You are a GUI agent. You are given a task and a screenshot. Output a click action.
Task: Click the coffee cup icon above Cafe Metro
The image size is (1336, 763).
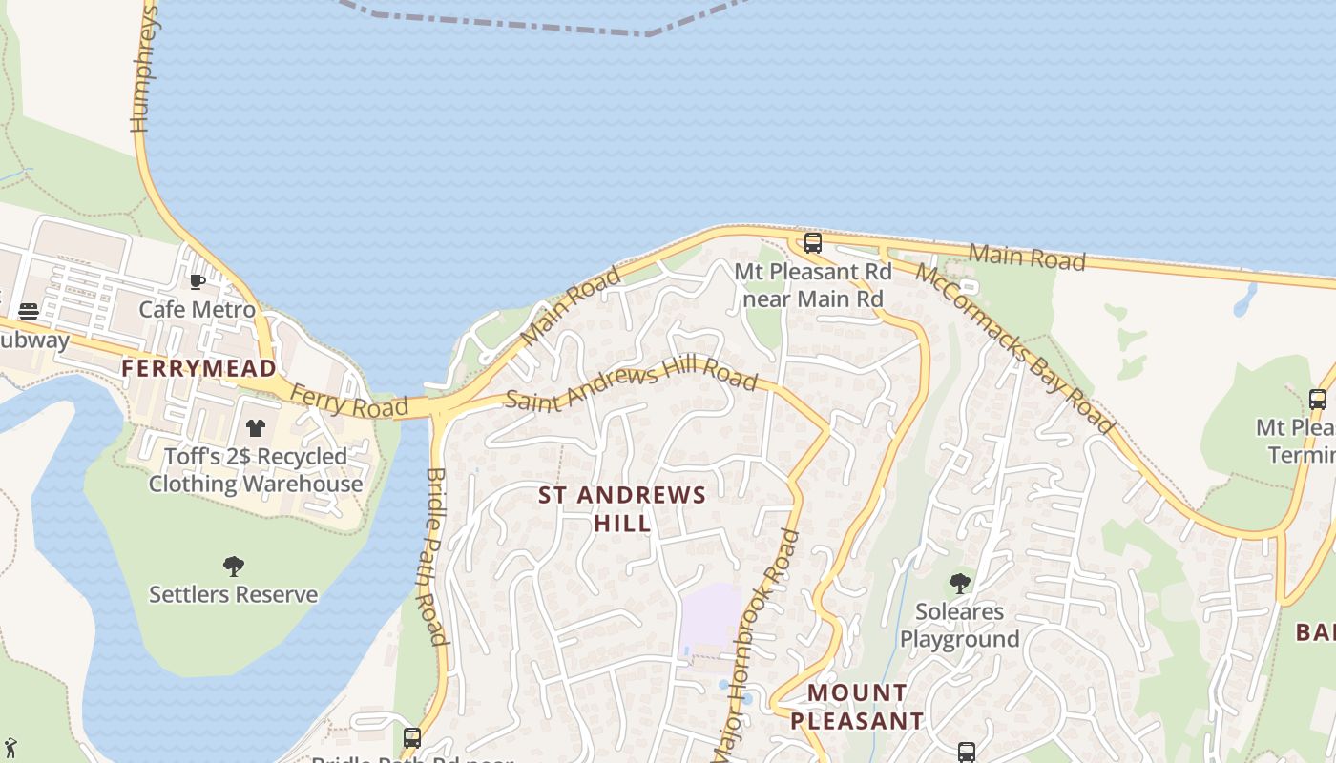coord(198,281)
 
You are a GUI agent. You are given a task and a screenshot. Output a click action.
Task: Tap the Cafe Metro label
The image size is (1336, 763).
coord(198,309)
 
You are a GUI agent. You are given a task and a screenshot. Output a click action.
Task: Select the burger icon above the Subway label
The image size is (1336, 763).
coord(29,312)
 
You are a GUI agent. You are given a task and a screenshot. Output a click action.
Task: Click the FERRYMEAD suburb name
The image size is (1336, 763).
coord(198,368)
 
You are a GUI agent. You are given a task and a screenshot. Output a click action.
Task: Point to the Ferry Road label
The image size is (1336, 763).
coord(335,402)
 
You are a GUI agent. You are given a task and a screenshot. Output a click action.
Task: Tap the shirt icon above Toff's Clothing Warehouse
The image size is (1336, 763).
coord(255,428)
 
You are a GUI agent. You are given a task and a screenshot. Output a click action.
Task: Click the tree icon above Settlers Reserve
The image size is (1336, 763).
coord(234,567)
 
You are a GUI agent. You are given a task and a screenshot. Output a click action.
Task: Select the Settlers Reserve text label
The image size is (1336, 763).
coord(234,594)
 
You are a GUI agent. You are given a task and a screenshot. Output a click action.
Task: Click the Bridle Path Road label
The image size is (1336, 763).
coord(435,555)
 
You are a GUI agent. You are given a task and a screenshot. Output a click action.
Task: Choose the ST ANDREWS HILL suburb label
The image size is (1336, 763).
coord(622,508)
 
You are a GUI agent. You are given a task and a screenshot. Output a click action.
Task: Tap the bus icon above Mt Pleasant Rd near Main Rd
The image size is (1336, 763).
coord(813,243)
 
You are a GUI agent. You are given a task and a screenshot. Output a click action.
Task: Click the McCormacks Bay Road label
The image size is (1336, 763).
coord(1014,347)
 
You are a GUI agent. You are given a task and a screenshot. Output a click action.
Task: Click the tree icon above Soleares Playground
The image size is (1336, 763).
coord(960,583)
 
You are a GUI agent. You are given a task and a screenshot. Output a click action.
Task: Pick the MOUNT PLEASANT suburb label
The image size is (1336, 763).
coord(857,707)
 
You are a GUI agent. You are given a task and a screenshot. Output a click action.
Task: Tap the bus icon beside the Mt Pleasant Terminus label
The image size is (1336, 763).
coord(1318,400)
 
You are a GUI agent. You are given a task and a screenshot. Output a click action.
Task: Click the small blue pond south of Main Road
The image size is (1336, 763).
coord(1244,300)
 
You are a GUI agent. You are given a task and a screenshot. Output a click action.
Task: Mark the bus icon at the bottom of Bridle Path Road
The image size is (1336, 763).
coord(412,738)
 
